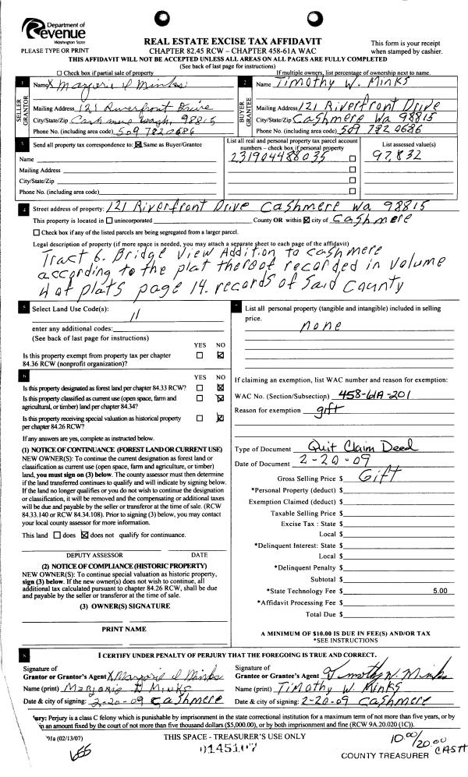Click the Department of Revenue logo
click(x=57, y=31)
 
